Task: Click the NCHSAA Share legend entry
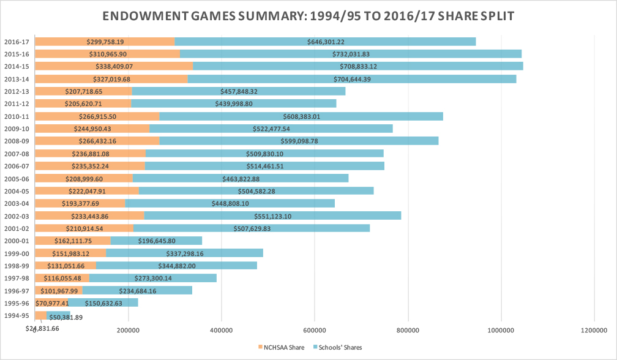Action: [282, 348]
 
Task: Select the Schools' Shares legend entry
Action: [337, 348]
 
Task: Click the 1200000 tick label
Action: [594, 331]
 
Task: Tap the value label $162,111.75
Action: [73, 241]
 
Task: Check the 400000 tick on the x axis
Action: [221, 331]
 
